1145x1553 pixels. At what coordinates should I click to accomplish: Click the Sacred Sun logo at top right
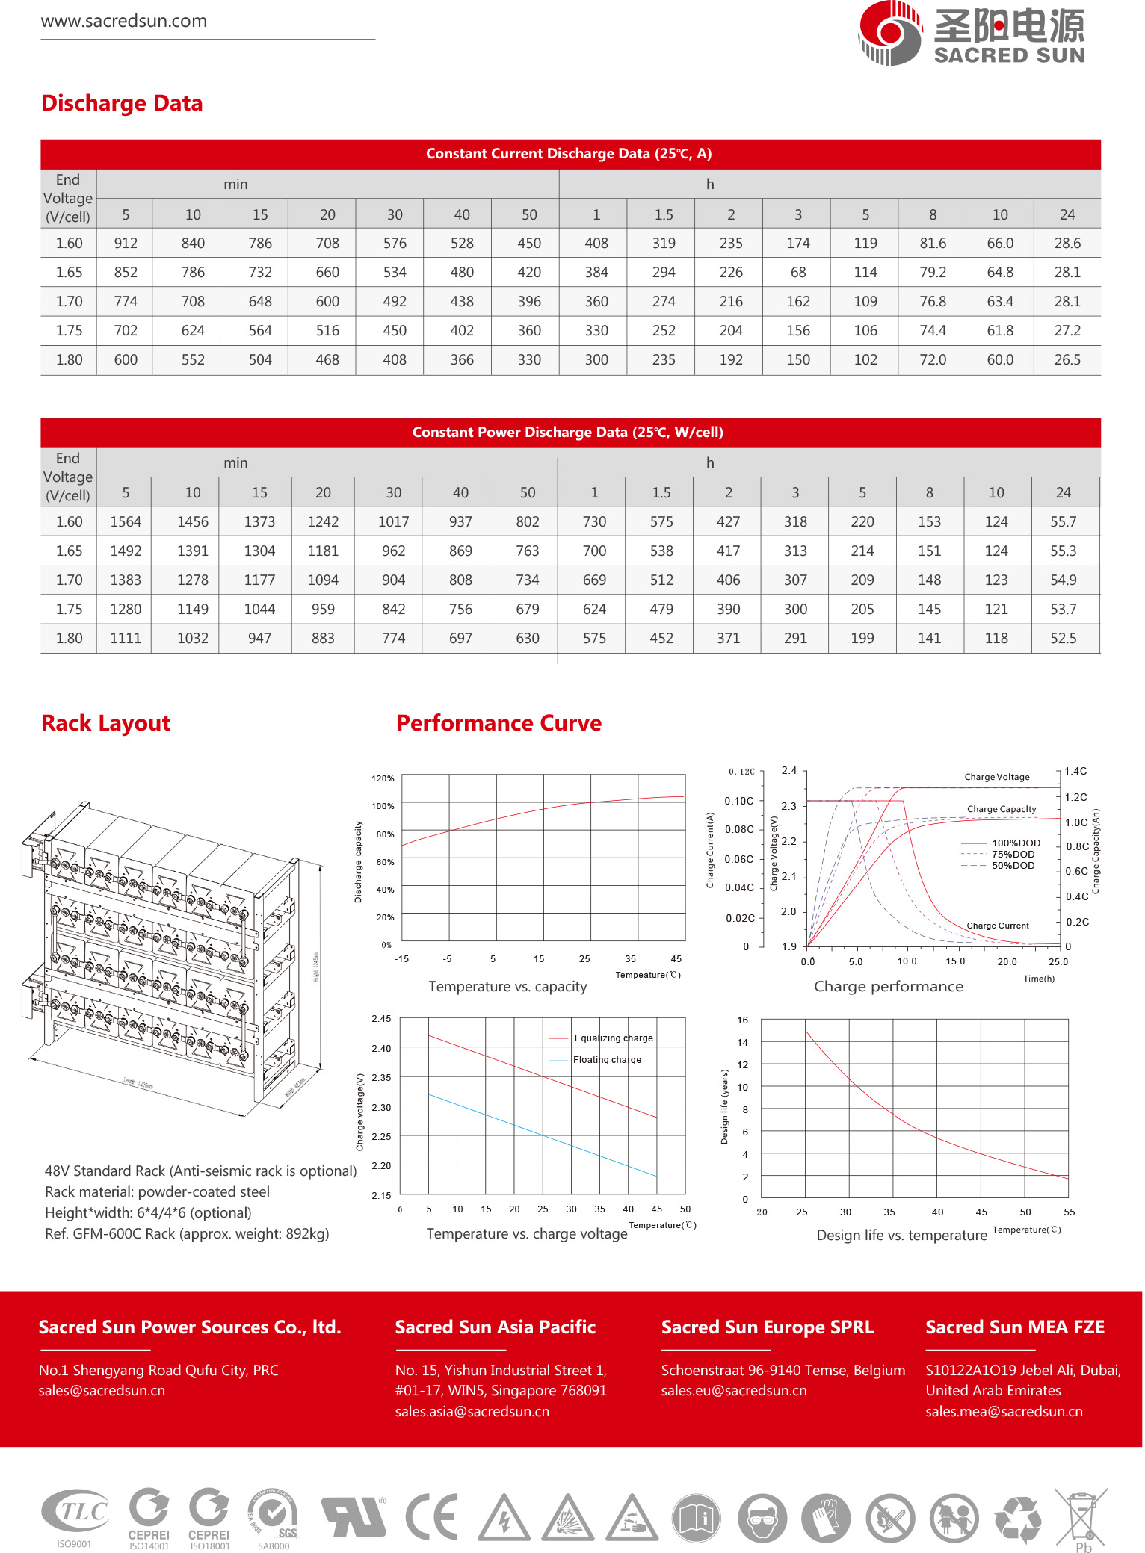[x=971, y=34]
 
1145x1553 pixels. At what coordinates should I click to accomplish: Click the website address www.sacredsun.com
[x=124, y=21]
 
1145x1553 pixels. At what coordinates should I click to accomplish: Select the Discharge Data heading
[x=122, y=103]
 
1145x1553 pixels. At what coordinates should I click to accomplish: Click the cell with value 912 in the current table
[x=126, y=244]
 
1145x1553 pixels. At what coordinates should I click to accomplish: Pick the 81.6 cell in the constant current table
[x=932, y=244]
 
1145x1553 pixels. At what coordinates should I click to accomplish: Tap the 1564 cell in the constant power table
[x=126, y=522]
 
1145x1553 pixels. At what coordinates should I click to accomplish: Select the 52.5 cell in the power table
[x=1063, y=639]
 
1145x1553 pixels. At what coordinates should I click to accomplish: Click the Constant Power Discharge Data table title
[x=568, y=433]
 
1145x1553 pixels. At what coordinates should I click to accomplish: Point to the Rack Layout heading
[x=106, y=723]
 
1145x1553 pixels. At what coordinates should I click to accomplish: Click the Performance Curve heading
[x=499, y=723]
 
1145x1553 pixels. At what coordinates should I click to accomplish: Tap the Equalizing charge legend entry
[x=613, y=1038]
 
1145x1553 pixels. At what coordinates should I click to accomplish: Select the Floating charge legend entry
[x=607, y=1060]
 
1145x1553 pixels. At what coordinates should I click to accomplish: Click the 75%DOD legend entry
[x=1013, y=855]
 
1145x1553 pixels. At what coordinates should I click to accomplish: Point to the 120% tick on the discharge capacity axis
[x=383, y=778]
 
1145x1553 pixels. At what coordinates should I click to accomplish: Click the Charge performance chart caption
[x=888, y=987]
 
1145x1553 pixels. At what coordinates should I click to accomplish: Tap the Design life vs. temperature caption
[x=901, y=1236]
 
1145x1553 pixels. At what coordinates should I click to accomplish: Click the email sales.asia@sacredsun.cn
[x=472, y=1412]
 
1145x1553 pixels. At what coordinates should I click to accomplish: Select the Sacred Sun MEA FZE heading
[x=1015, y=1327]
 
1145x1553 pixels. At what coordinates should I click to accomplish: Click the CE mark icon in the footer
[x=432, y=1517]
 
